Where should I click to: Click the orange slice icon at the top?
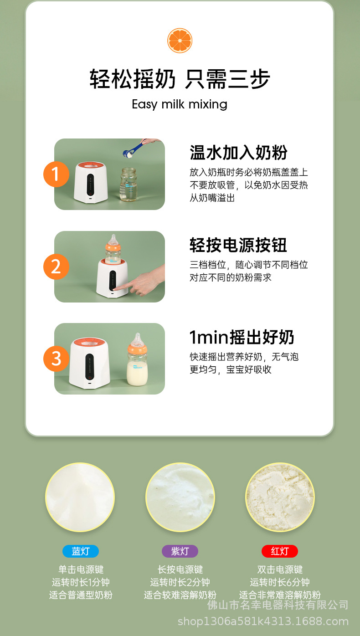(x=180, y=40)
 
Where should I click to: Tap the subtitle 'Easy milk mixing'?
(x=180, y=104)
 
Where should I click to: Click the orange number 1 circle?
(x=56, y=174)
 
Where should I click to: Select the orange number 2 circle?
(x=56, y=267)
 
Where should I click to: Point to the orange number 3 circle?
(x=56, y=359)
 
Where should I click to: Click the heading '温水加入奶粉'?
(x=238, y=153)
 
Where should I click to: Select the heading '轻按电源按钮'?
(x=238, y=245)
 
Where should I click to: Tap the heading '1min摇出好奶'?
(x=242, y=338)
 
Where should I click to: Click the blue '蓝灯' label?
(x=81, y=551)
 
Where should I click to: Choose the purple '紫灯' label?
(x=180, y=551)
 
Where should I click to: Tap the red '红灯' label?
(x=279, y=551)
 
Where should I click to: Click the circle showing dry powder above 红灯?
(x=280, y=497)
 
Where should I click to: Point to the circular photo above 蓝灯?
(x=80, y=497)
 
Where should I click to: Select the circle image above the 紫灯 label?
(x=180, y=497)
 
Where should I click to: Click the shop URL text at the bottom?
(x=263, y=621)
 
